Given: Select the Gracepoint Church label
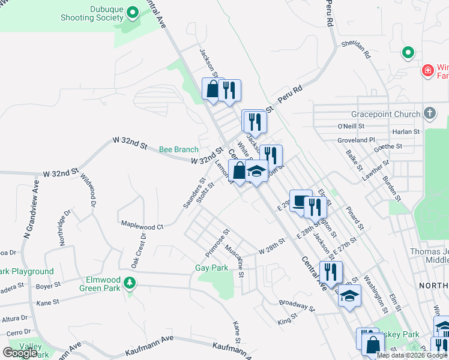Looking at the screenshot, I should [x=386, y=114].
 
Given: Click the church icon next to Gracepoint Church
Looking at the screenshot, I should [x=429, y=113].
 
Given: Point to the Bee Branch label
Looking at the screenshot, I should [x=178, y=149].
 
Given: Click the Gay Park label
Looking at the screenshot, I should [x=212, y=268].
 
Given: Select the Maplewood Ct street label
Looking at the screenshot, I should [x=142, y=226].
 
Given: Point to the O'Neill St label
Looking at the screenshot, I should [x=351, y=127].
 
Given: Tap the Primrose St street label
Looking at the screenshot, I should [x=217, y=240].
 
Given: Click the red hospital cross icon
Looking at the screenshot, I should [x=427, y=71].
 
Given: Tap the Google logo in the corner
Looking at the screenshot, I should [x=20, y=353].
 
